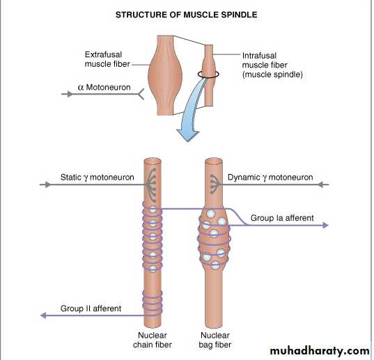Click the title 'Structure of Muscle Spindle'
(x=186, y=15)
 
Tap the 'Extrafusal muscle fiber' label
(x=107, y=59)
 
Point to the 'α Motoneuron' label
(x=104, y=87)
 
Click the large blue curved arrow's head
(x=188, y=135)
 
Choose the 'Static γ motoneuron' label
(x=98, y=178)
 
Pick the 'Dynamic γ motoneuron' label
(x=270, y=178)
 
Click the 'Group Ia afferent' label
(x=282, y=218)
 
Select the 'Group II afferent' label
(x=91, y=308)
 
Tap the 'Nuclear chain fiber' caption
(x=153, y=340)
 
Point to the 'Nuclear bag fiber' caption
(x=215, y=340)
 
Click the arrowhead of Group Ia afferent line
(x=325, y=225)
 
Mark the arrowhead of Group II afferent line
(x=43, y=315)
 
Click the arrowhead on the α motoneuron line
(x=70, y=94)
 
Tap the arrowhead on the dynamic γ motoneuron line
(x=321, y=185)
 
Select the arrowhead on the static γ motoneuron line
(x=47, y=185)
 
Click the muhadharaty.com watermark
(x=320, y=351)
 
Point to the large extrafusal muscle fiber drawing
(x=165, y=75)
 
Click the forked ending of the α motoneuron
(x=141, y=94)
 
